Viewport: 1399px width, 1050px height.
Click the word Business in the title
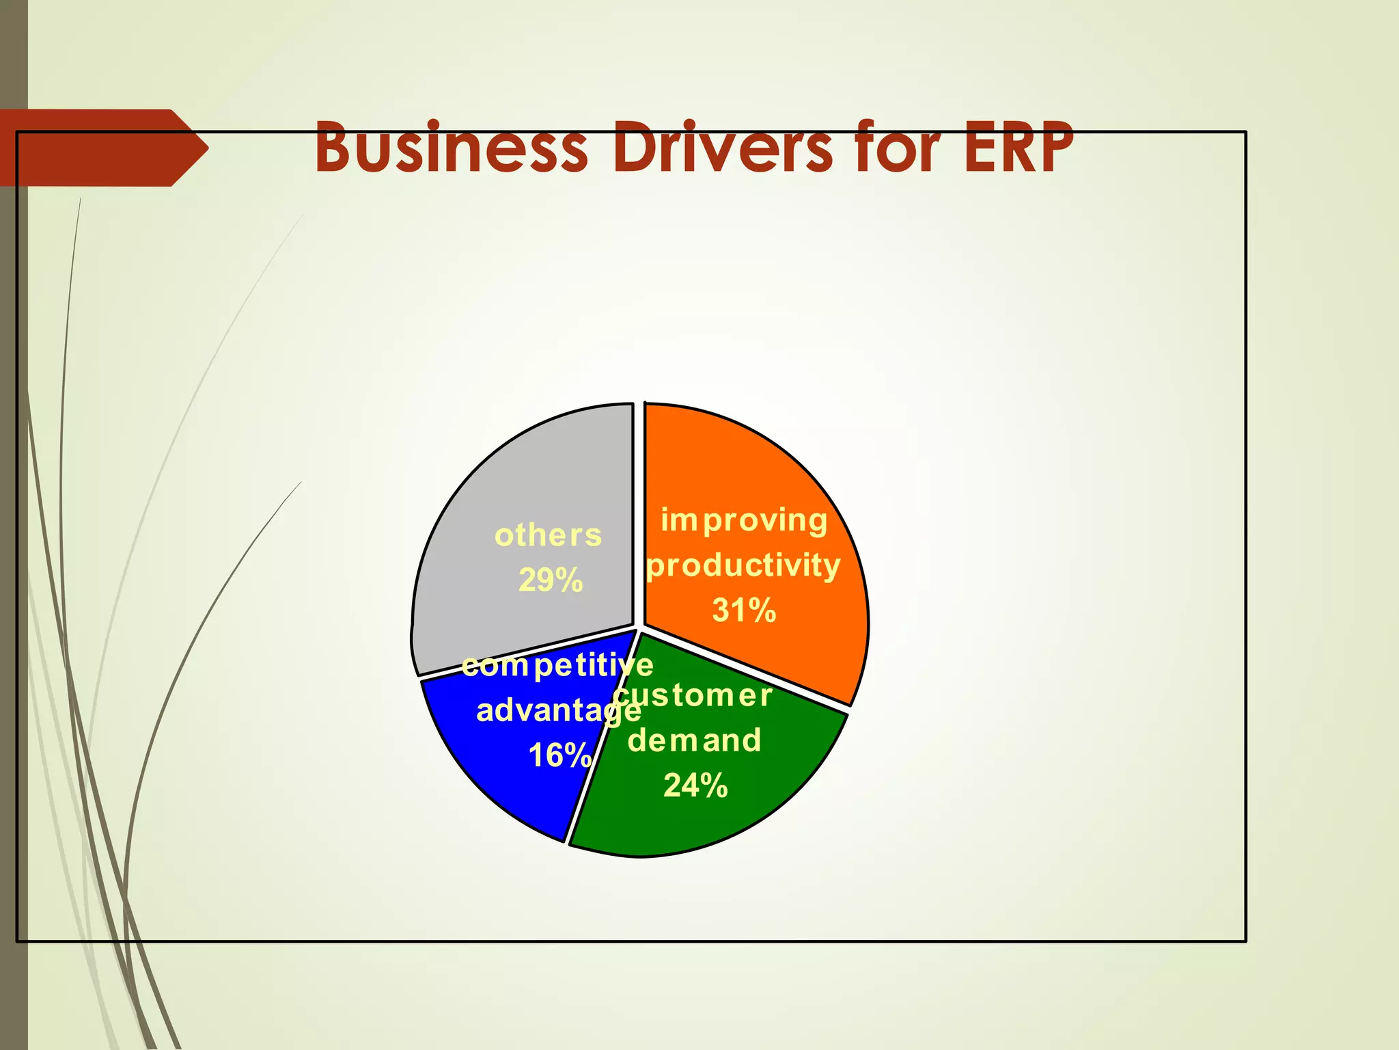click(x=451, y=148)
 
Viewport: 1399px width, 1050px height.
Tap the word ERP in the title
click(x=1018, y=148)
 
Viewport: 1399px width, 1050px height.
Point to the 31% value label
click(x=744, y=610)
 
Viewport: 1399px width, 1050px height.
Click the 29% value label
click(x=551, y=580)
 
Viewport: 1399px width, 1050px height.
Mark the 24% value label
click(x=695, y=785)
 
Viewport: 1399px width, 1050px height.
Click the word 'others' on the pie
click(x=549, y=535)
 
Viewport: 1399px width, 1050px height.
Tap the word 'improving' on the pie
click(x=744, y=521)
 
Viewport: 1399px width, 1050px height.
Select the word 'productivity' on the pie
click(x=743, y=566)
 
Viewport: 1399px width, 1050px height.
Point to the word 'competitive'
click(x=557, y=665)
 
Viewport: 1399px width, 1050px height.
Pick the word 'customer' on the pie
click(x=693, y=696)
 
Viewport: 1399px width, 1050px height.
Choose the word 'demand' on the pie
click(x=694, y=740)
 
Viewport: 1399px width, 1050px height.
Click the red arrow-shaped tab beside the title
click(x=102, y=148)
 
